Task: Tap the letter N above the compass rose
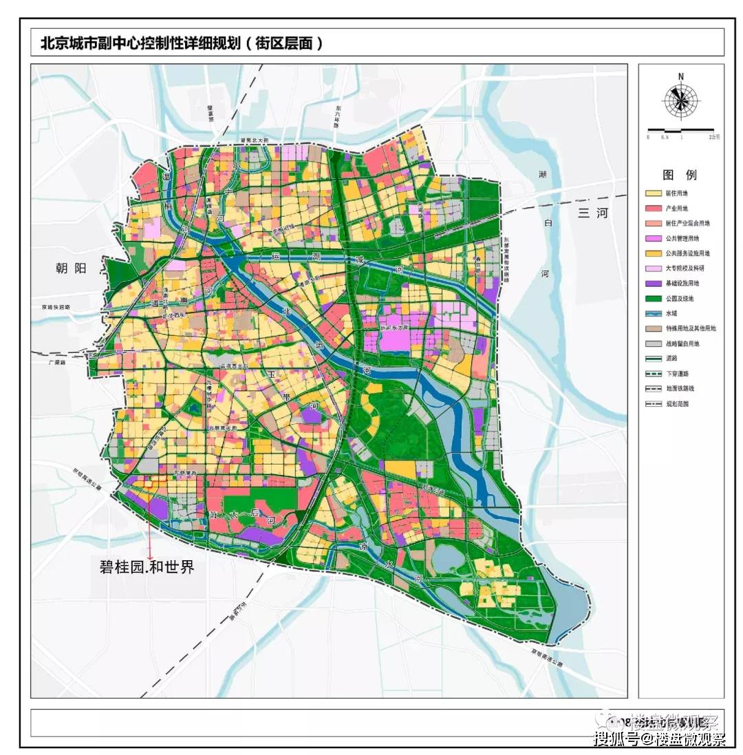(x=680, y=76)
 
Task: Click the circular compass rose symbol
(x=680, y=101)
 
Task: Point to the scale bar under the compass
(x=681, y=130)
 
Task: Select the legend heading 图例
(x=680, y=175)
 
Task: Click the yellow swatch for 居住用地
(x=653, y=193)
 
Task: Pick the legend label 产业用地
(x=676, y=209)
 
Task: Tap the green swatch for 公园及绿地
(x=653, y=299)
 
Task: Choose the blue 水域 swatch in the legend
(x=653, y=314)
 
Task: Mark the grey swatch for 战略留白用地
(x=653, y=343)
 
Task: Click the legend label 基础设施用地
(x=681, y=284)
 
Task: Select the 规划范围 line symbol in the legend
(x=653, y=404)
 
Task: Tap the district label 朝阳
(x=72, y=268)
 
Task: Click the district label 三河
(x=593, y=213)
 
